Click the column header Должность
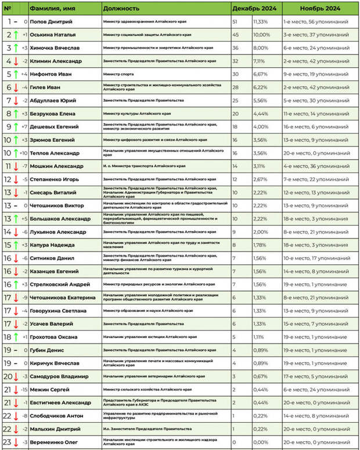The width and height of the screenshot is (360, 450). (x=121, y=9)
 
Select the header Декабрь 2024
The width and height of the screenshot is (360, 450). (x=254, y=9)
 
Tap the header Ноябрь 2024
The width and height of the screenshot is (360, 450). (x=320, y=9)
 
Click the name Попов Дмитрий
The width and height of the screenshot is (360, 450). (x=51, y=22)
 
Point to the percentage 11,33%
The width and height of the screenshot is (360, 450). (x=260, y=22)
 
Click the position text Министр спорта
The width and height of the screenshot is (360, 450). (x=118, y=74)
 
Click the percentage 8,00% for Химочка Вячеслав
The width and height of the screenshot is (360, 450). (x=260, y=48)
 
